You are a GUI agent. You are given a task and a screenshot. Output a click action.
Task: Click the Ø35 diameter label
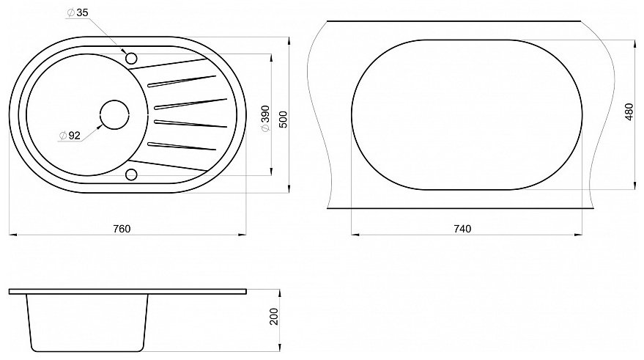pyautogui.click(x=78, y=12)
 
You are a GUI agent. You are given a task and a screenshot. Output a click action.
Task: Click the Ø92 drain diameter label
pyautogui.click(x=70, y=135)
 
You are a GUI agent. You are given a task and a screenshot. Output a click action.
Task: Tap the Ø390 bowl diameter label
pyautogui.click(x=265, y=119)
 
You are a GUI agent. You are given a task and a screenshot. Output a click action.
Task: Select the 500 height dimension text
pyautogui.click(x=284, y=120)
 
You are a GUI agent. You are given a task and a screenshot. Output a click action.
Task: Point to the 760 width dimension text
pyautogui.click(x=122, y=229)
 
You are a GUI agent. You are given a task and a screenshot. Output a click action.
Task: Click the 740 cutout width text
pyautogui.click(x=462, y=229)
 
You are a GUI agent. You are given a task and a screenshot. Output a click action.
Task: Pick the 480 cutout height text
pyautogui.click(x=629, y=111)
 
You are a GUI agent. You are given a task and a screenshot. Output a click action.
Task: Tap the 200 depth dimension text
pyautogui.click(x=274, y=317)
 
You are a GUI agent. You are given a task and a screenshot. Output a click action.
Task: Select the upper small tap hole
pyautogui.click(x=131, y=59)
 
